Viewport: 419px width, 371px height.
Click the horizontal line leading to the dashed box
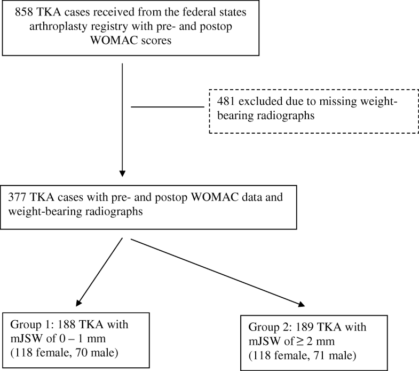click(x=168, y=106)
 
